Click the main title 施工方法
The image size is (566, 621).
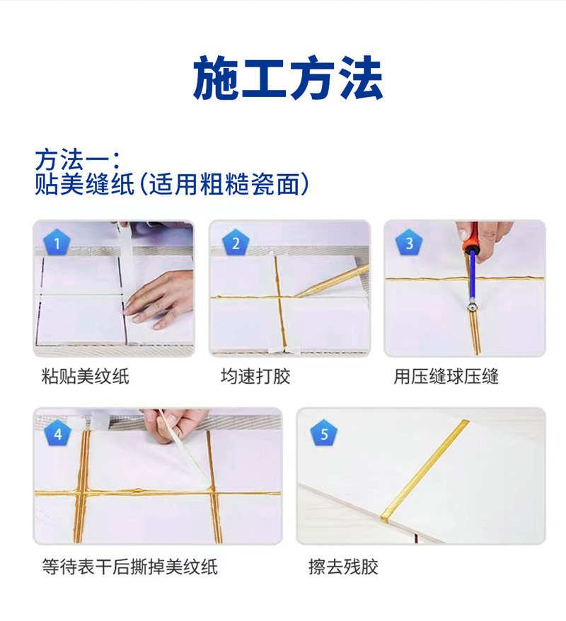[288, 77]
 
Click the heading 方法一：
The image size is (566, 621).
[78, 159]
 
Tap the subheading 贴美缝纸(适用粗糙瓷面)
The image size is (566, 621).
[172, 184]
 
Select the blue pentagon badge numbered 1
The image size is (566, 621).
[57, 242]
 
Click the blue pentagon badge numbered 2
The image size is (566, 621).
[236, 242]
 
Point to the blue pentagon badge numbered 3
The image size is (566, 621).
[409, 242]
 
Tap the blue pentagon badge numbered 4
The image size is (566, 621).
[58, 433]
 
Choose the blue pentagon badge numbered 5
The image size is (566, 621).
[324, 433]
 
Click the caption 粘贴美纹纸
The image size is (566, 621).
[86, 376]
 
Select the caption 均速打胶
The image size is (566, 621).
[255, 376]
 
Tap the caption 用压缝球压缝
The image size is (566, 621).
[446, 376]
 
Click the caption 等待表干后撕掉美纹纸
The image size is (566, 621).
[129, 566]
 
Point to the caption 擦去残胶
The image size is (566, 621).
[343, 566]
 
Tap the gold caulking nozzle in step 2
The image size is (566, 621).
[333, 281]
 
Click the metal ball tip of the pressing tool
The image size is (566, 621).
[471, 306]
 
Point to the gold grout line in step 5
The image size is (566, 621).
[424, 470]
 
